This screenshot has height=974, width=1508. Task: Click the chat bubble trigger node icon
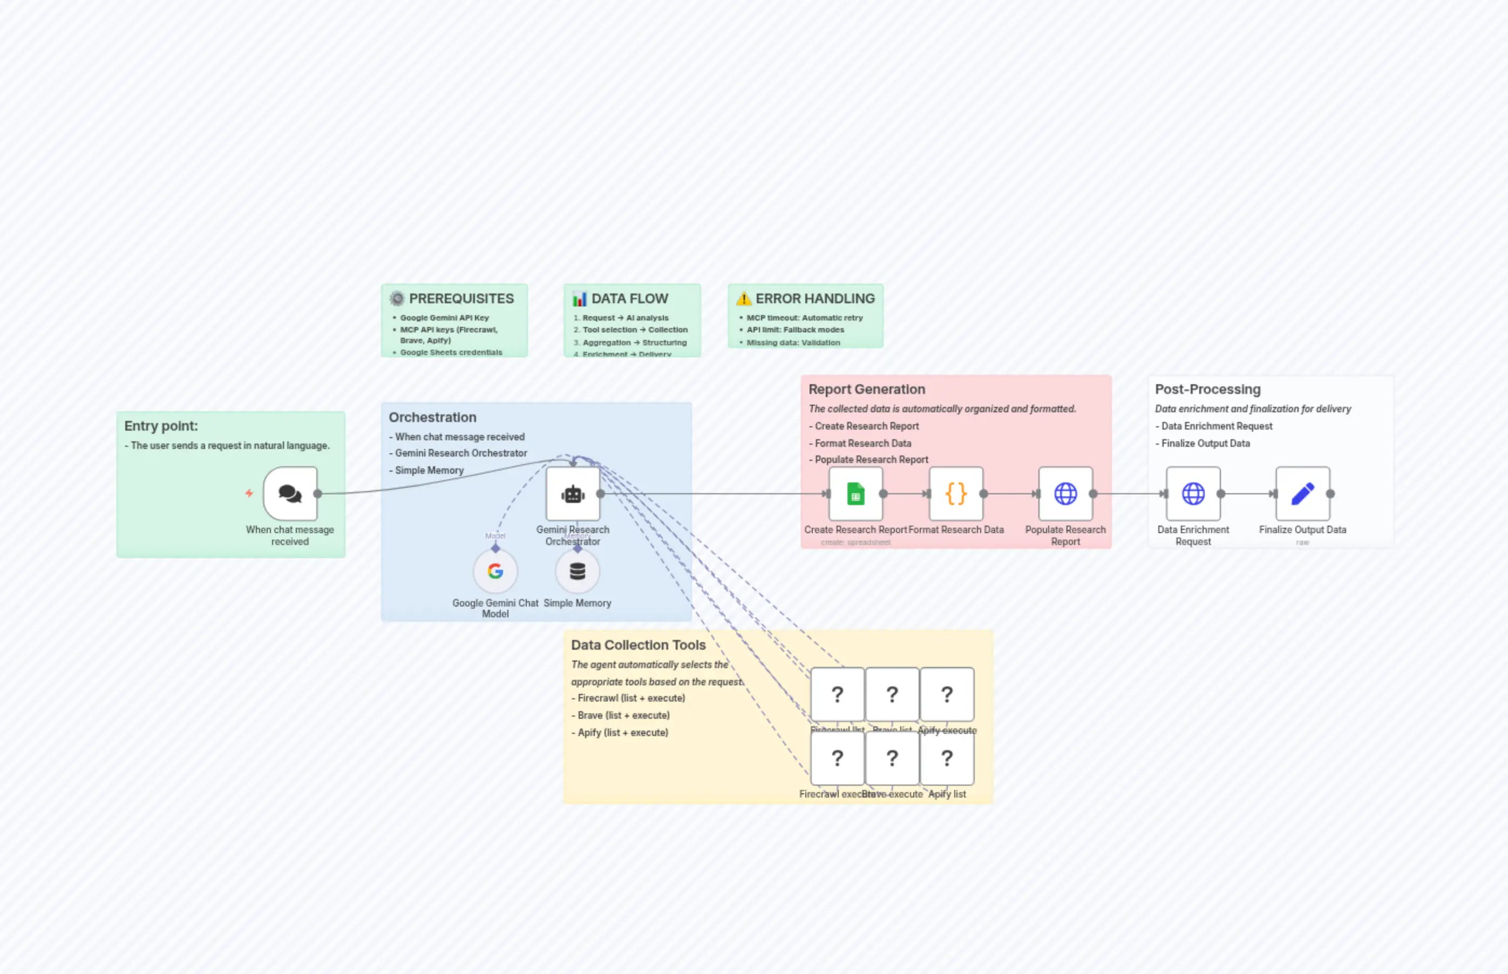(x=290, y=493)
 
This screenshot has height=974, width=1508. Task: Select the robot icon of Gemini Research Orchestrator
(x=573, y=494)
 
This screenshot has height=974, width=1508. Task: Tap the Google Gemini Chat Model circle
(x=495, y=571)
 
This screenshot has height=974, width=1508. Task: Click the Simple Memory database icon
(x=578, y=571)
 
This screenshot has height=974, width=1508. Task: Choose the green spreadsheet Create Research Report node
(x=855, y=493)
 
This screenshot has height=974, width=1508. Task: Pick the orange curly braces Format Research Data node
(x=956, y=493)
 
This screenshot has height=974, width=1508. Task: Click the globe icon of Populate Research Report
(x=1065, y=493)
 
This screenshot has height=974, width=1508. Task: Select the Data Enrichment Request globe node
(x=1193, y=493)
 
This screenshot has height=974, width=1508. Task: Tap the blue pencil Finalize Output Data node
(x=1302, y=493)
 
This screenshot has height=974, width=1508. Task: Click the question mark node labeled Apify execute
(x=947, y=694)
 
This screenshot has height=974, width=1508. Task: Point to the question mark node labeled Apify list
(x=947, y=758)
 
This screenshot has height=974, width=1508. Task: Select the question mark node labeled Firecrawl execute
(x=838, y=758)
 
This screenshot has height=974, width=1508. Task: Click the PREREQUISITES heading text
(x=461, y=298)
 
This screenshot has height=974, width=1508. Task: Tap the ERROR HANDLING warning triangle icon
(x=744, y=298)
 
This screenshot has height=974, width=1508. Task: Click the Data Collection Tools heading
(x=638, y=645)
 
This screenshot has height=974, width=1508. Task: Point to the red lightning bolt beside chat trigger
(x=249, y=493)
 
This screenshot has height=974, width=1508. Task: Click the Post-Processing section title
(x=1207, y=390)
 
